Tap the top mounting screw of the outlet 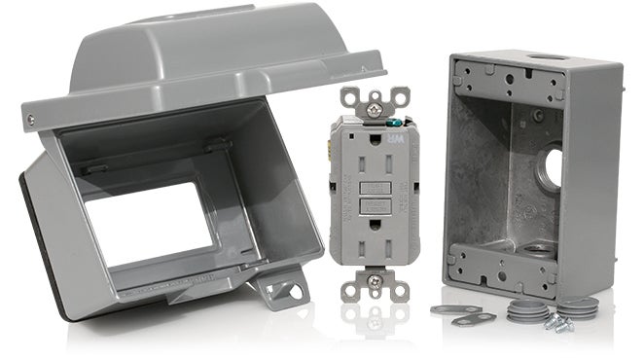tap(374, 98)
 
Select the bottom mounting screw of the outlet tap(373, 280)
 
